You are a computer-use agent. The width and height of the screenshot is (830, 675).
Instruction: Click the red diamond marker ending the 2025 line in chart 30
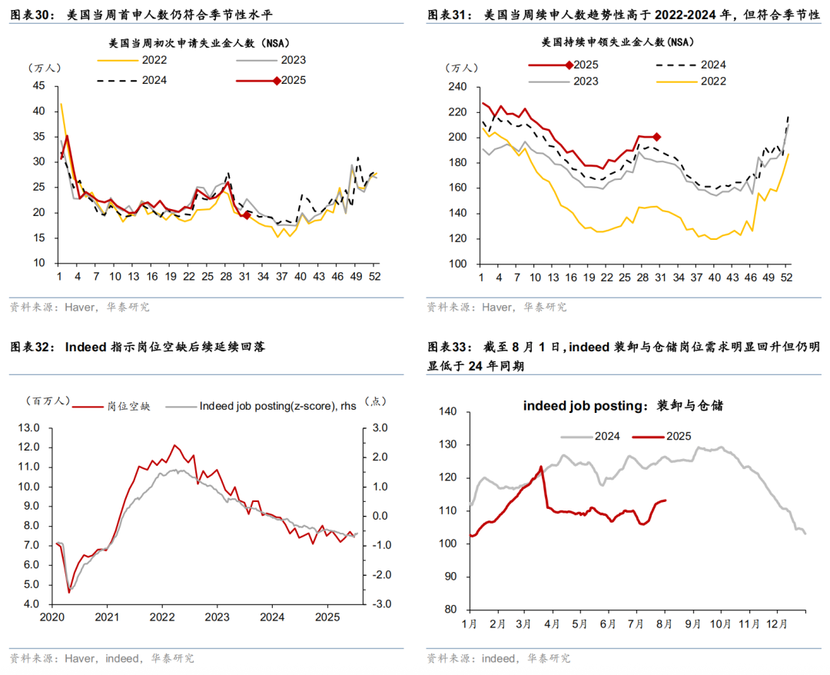point(246,215)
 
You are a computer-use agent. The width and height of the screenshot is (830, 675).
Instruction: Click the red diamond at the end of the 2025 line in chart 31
point(656,137)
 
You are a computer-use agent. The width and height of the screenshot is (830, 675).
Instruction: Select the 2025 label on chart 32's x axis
point(328,617)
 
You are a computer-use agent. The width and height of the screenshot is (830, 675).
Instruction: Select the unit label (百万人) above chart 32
point(48,401)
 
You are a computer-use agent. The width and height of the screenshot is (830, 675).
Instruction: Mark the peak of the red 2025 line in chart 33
point(541,466)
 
